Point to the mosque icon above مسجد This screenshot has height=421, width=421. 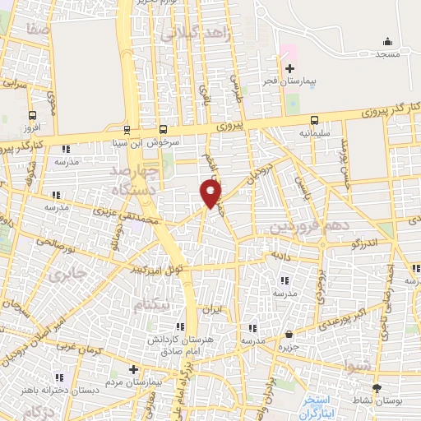tap(386, 41)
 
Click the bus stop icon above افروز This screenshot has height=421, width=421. tap(32, 116)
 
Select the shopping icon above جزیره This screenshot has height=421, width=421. tap(290, 334)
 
